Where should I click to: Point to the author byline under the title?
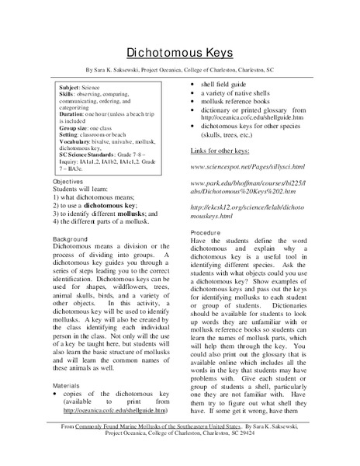[180, 67]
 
